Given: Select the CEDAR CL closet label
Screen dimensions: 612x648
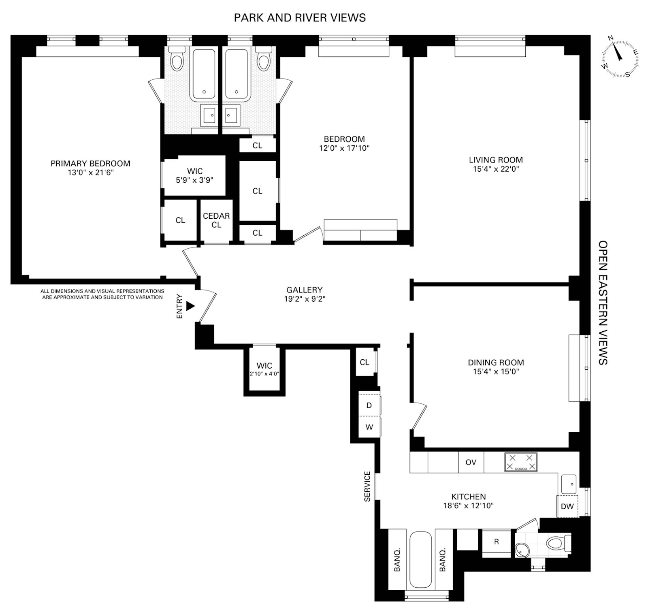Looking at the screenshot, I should coord(216,220).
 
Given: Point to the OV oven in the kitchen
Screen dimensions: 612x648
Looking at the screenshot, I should coord(471,462).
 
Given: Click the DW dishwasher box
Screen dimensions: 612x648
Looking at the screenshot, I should coord(567,506).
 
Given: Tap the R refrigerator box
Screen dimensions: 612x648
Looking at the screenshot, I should coord(497,542).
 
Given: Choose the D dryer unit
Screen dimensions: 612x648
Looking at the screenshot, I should coord(369,405).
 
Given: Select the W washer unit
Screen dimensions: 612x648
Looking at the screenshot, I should coord(369,427).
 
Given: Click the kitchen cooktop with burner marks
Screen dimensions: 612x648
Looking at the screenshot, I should coord(520,462).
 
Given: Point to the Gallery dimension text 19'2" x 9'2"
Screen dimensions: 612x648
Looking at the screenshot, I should coord(305,299).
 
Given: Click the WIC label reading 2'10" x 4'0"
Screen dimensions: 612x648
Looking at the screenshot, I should coord(264,374).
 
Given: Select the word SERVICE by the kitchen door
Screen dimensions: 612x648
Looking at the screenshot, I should coord(367,486).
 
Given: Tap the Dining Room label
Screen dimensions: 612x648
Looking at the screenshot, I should coord(496,363).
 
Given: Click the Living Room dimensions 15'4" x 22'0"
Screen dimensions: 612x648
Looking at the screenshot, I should coord(496,169).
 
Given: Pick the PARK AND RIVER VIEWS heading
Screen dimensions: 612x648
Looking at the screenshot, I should coord(300,18).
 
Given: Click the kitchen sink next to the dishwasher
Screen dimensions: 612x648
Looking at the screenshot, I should coord(569,484).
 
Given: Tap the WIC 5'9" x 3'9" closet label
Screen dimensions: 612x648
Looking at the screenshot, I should coord(194,176).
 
